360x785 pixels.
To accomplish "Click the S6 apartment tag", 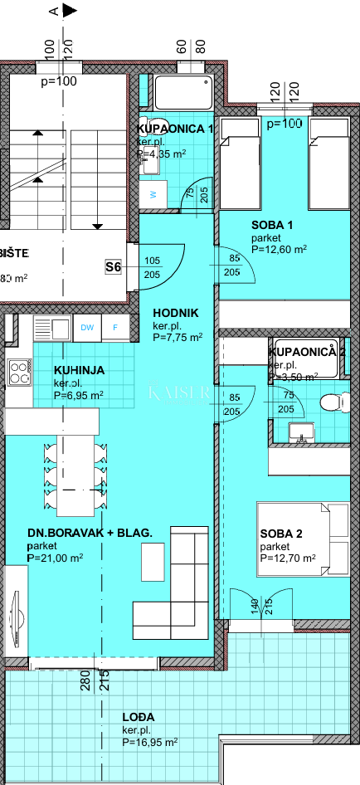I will pyautogui.click(x=114, y=266).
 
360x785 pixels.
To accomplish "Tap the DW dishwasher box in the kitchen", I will pyautogui.click(x=87, y=327).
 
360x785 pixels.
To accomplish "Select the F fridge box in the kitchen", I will pyautogui.click(x=115, y=327).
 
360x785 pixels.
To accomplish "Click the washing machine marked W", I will pyautogui.click(x=153, y=195).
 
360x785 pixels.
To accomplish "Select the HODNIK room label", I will pyautogui.click(x=175, y=313).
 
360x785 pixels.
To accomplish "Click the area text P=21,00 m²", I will pyautogui.click(x=55, y=558).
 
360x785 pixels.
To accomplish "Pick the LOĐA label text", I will pyautogui.click(x=114, y=715).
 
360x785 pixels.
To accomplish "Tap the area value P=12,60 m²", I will pyautogui.click(x=279, y=248).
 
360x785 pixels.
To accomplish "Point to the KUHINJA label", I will pyautogui.click(x=79, y=370).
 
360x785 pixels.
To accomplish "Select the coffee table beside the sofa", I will pyautogui.click(x=153, y=562).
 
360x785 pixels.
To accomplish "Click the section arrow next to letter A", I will pyautogui.click(x=70, y=11).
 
